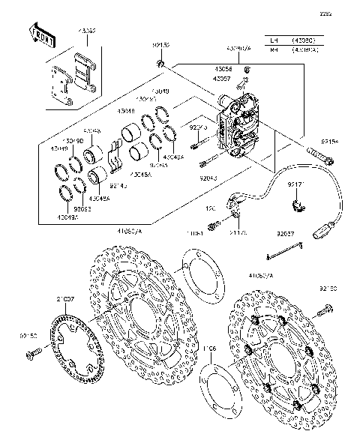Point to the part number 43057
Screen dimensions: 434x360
[222, 78]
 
